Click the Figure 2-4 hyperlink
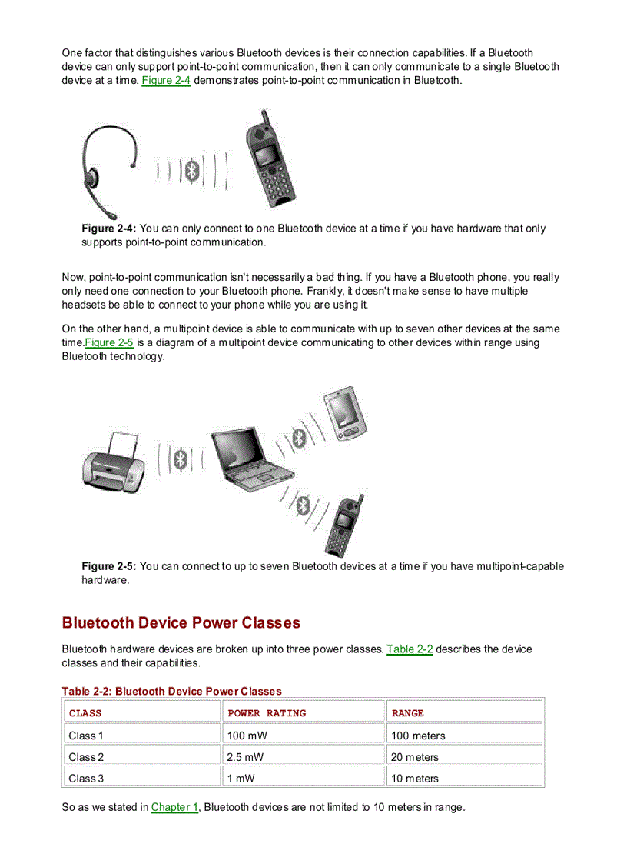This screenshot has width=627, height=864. (166, 80)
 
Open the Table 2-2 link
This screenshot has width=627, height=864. (410, 649)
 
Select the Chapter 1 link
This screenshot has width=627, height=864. (174, 807)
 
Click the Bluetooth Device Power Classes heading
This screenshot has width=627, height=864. (181, 622)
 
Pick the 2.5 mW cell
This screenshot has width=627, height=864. (245, 757)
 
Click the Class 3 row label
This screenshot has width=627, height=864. (86, 779)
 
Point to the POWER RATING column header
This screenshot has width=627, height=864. (267, 713)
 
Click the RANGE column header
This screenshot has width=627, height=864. (407, 713)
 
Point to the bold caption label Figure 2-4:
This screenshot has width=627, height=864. (109, 229)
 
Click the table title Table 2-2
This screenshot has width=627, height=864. (171, 691)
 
